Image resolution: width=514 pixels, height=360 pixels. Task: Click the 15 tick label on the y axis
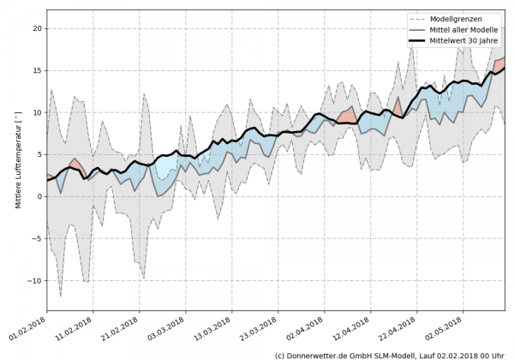coord(37,70)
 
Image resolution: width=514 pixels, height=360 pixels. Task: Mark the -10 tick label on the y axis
coord(34,280)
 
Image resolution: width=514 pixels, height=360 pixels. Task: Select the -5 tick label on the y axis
coord(36,238)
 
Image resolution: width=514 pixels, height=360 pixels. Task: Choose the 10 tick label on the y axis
coord(37,112)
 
